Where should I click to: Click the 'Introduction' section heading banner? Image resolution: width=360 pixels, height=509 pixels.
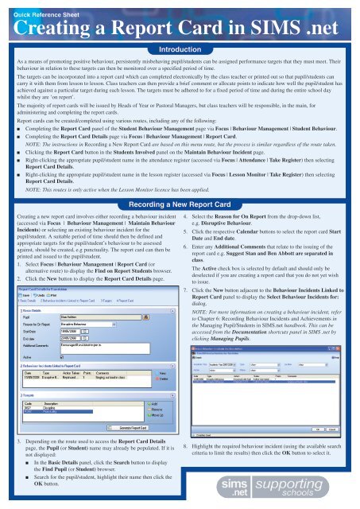180,49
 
